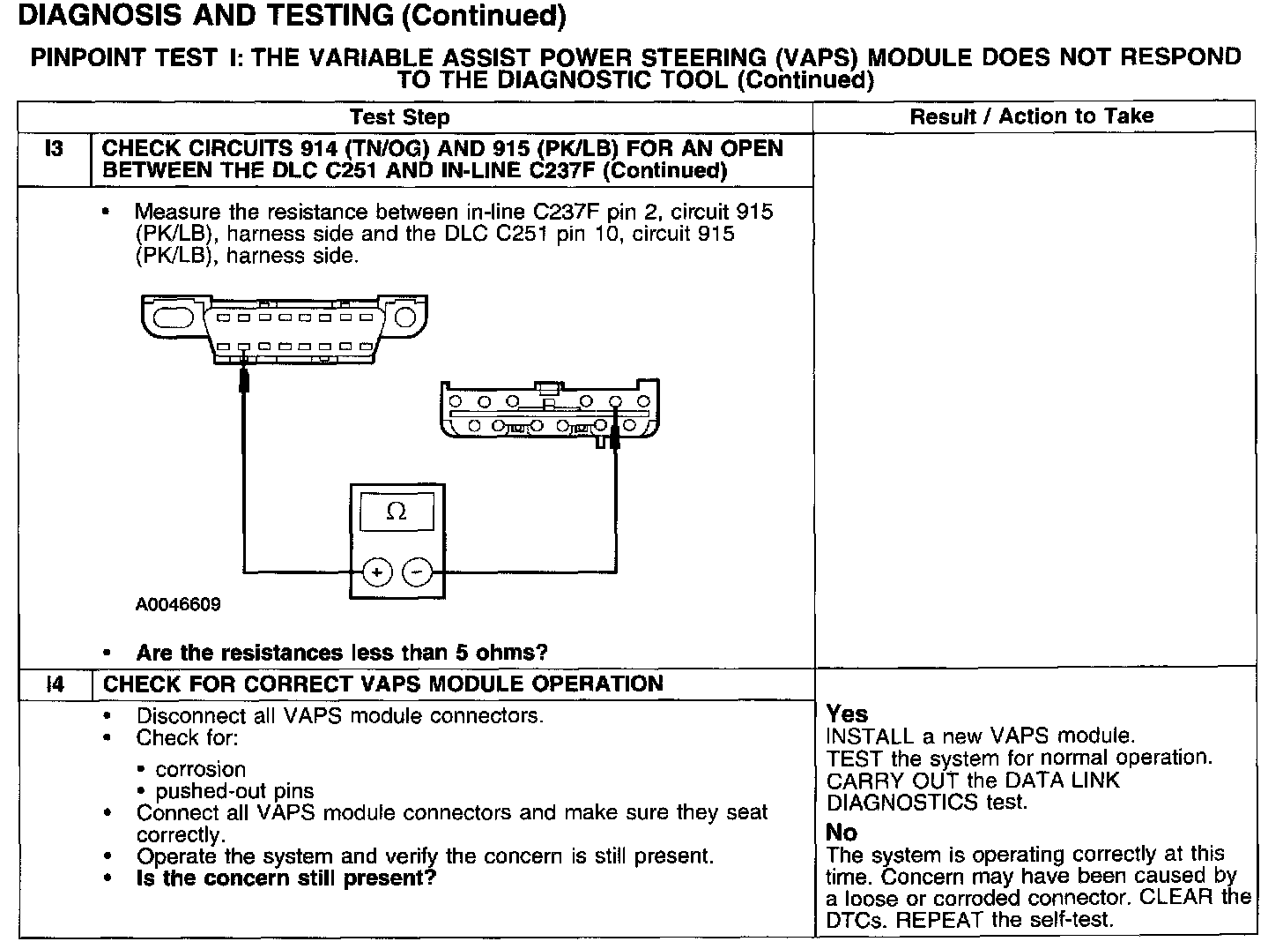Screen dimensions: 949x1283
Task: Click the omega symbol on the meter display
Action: click(x=397, y=512)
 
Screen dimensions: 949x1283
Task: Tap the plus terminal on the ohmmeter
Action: click(x=376, y=572)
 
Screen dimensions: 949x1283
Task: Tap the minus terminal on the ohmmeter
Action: click(x=417, y=572)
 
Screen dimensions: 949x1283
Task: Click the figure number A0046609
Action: click(x=178, y=605)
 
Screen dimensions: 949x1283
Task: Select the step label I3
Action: click(x=54, y=149)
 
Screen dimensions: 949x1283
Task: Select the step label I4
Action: click(x=55, y=684)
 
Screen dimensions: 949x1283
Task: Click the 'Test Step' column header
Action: click(x=399, y=117)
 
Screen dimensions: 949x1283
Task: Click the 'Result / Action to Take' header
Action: click(x=1031, y=116)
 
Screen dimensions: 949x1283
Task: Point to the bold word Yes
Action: click(x=847, y=714)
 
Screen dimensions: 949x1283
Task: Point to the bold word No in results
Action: click(x=842, y=833)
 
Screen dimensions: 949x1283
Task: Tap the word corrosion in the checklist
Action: click(x=200, y=769)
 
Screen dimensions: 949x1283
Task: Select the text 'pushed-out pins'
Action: click(x=234, y=791)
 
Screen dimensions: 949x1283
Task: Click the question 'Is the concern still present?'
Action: click(x=286, y=878)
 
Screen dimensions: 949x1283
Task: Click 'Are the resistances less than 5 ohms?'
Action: click(x=342, y=654)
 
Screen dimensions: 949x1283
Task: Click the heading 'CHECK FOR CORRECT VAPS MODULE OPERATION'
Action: click(x=383, y=684)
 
